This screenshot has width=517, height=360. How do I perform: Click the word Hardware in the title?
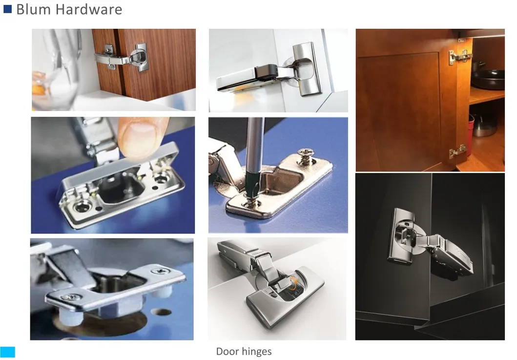(x=89, y=9)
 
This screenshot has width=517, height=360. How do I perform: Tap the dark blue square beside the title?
(x=7, y=9)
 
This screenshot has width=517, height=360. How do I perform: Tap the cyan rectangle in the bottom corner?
(x=8, y=352)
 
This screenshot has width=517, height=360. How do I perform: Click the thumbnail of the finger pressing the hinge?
(x=113, y=175)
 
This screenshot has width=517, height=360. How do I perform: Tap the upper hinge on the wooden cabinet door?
(x=458, y=56)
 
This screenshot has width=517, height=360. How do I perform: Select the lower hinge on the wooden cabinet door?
(x=457, y=151)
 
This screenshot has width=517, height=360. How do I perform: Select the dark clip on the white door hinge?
(x=266, y=72)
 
